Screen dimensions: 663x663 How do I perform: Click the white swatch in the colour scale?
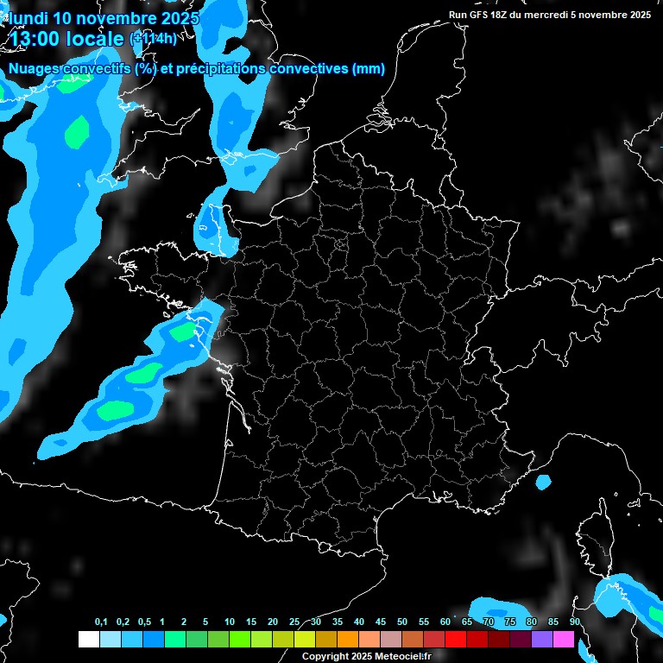tap(88, 639)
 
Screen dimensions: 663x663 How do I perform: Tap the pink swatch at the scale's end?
tap(563, 639)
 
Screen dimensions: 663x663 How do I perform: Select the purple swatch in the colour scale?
tap(541, 639)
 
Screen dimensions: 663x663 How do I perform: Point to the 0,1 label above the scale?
tap(101, 622)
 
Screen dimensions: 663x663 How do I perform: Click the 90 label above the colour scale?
tap(574, 622)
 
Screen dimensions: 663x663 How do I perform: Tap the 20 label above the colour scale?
tap(273, 622)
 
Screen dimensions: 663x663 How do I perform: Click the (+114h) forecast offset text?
tap(152, 38)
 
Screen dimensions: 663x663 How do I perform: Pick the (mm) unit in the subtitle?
tap(369, 69)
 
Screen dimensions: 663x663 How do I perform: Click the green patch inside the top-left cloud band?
tap(77, 131)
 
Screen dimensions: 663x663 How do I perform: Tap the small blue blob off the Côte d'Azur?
tap(543, 482)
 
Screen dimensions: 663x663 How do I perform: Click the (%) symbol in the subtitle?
tap(145, 69)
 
